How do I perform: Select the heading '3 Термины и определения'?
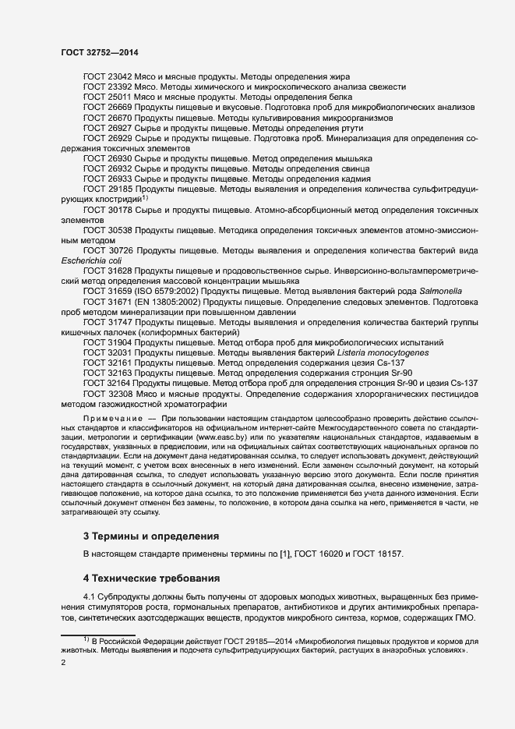151,536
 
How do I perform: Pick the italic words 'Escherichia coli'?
89,261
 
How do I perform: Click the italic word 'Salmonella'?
457,291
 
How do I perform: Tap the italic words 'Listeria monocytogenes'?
384,352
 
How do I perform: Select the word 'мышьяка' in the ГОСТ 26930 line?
352,158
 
